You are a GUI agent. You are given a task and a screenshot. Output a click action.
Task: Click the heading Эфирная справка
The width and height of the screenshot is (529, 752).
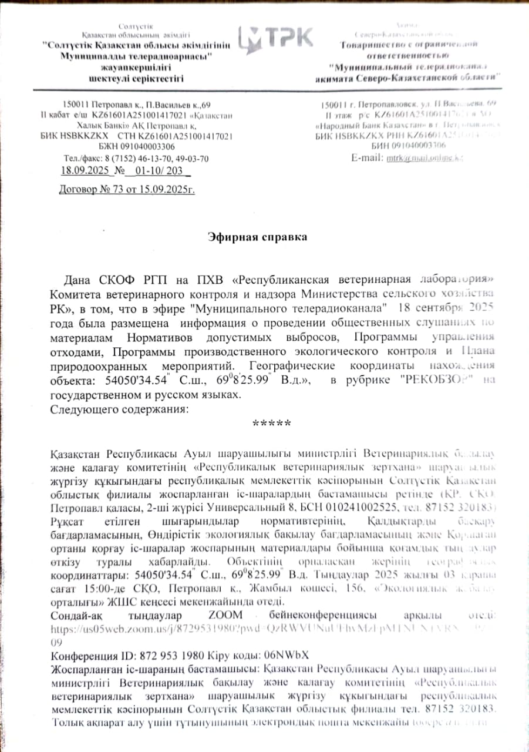click(258, 237)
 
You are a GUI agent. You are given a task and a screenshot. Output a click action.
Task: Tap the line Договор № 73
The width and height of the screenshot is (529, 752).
click(127, 189)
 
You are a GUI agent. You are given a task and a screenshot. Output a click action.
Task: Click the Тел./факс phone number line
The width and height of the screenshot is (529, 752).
click(136, 159)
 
